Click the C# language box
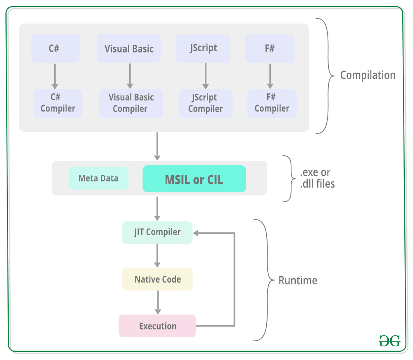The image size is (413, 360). [x=55, y=48]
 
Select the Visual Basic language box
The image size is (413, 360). [x=128, y=48]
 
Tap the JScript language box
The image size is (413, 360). [x=203, y=48]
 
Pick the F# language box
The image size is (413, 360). [x=269, y=48]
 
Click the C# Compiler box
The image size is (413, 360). [x=58, y=103]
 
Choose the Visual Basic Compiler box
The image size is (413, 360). [x=131, y=103]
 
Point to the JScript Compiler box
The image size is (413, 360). [x=205, y=103]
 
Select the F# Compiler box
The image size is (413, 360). [x=272, y=103]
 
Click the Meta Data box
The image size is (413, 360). [x=99, y=178]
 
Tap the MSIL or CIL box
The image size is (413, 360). [x=194, y=179]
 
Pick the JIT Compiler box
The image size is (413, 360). [x=157, y=232]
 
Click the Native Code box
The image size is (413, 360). [x=157, y=279]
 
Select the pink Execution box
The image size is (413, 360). [x=157, y=326]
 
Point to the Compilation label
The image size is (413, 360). [x=368, y=75]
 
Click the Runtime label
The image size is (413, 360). [x=298, y=280]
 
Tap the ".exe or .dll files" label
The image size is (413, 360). [x=317, y=178]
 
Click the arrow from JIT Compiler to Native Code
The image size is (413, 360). [x=157, y=255]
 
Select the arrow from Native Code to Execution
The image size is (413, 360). [x=158, y=303]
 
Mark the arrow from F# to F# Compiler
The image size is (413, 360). [x=270, y=76]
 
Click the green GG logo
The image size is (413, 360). [x=389, y=341]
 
